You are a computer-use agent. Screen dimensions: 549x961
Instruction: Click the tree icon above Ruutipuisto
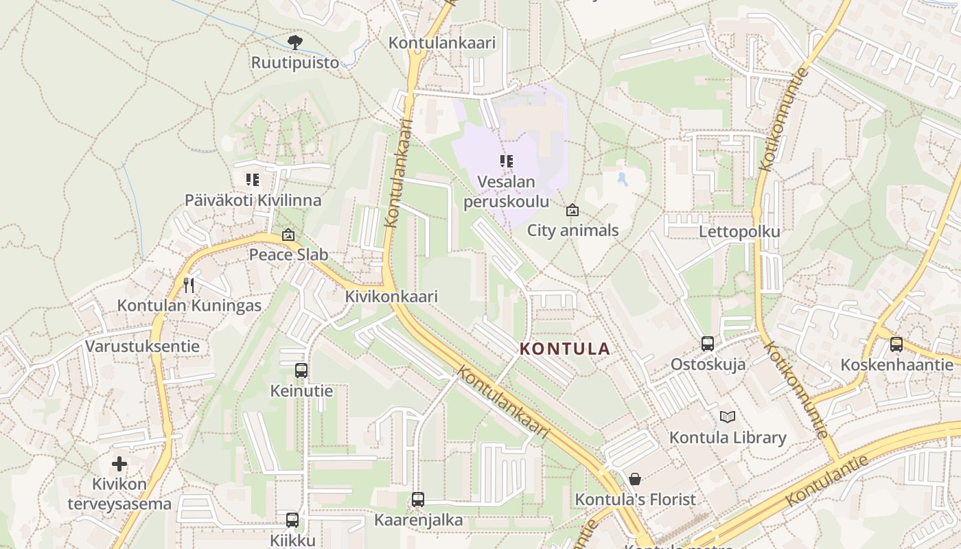tap(295, 43)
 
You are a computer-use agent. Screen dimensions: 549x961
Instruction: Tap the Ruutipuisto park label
tap(295, 62)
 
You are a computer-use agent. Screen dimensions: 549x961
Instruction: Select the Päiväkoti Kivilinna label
tap(253, 200)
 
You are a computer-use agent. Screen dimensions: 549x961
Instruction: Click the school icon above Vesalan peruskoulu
tap(507, 162)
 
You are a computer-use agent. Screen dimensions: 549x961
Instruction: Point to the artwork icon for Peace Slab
tap(288, 235)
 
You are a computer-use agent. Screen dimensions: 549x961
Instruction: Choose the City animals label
tap(572, 231)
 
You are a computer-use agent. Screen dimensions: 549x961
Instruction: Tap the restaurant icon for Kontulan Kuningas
tap(189, 285)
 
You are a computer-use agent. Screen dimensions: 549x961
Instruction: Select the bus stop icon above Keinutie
tap(301, 371)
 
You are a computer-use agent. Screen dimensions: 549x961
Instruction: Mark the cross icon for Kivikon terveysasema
tap(119, 464)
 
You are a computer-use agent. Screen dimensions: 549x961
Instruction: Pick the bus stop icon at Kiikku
tap(292, 520)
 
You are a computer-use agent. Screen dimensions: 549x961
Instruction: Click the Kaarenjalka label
tap(418, 520)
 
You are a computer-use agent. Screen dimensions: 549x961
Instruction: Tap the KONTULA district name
tap(565, 349)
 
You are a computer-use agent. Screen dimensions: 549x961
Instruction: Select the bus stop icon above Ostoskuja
tap(708, 344)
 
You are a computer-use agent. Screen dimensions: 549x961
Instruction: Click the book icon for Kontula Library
tap(728, 417)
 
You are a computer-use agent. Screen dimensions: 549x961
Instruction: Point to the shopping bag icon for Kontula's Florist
tap(635, 479)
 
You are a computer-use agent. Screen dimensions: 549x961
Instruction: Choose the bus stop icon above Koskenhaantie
tap(896, 344)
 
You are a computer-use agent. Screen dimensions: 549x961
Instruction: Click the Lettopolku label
tap(739, 232)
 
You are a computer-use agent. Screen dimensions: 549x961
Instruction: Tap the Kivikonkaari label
tap(391, 297)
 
